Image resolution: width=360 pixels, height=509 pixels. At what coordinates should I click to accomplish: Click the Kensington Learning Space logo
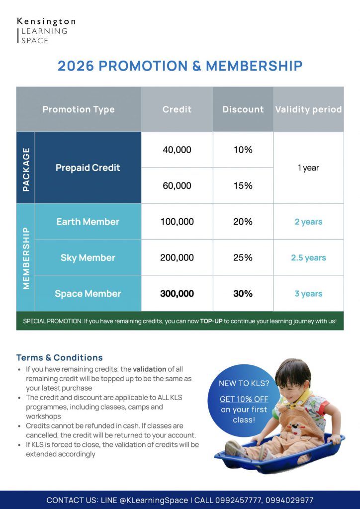tap(46, 31)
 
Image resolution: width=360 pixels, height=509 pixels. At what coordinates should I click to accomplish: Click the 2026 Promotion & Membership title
tap(180, 66)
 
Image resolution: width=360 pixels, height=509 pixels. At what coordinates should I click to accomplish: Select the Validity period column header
tap(308, 109)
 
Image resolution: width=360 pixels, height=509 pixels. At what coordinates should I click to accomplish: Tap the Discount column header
tap(243, 109)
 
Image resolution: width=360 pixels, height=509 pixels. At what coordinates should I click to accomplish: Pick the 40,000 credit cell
tap(177, 150)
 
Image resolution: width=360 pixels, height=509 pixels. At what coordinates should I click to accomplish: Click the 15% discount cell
tap(243, 185)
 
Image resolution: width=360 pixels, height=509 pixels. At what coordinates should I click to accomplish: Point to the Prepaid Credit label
tap(88, 168)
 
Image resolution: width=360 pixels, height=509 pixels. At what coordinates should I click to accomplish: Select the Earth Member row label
tap(88, 222)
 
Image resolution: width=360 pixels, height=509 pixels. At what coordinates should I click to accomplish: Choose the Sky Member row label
tap(88, 257)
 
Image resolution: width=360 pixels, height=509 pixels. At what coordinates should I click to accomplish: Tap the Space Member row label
tap(88, 294)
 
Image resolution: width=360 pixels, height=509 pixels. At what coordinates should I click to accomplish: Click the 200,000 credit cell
tap(177, 257)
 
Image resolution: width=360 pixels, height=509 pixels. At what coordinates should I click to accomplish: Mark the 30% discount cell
tap(243, 294)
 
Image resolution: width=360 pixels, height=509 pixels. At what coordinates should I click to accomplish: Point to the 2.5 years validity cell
tap(308, 257)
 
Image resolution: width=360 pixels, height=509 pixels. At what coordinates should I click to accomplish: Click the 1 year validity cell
tap(308, 168)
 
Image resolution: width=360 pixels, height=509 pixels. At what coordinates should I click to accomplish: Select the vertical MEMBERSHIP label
tap(26, 258)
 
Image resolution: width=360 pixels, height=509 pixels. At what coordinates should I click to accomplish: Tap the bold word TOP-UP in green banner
tap(212, 321)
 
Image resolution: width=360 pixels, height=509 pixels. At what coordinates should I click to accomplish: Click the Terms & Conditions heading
tap(60, 357)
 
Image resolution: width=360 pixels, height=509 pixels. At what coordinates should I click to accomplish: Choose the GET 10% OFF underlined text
tap(244, 399)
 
